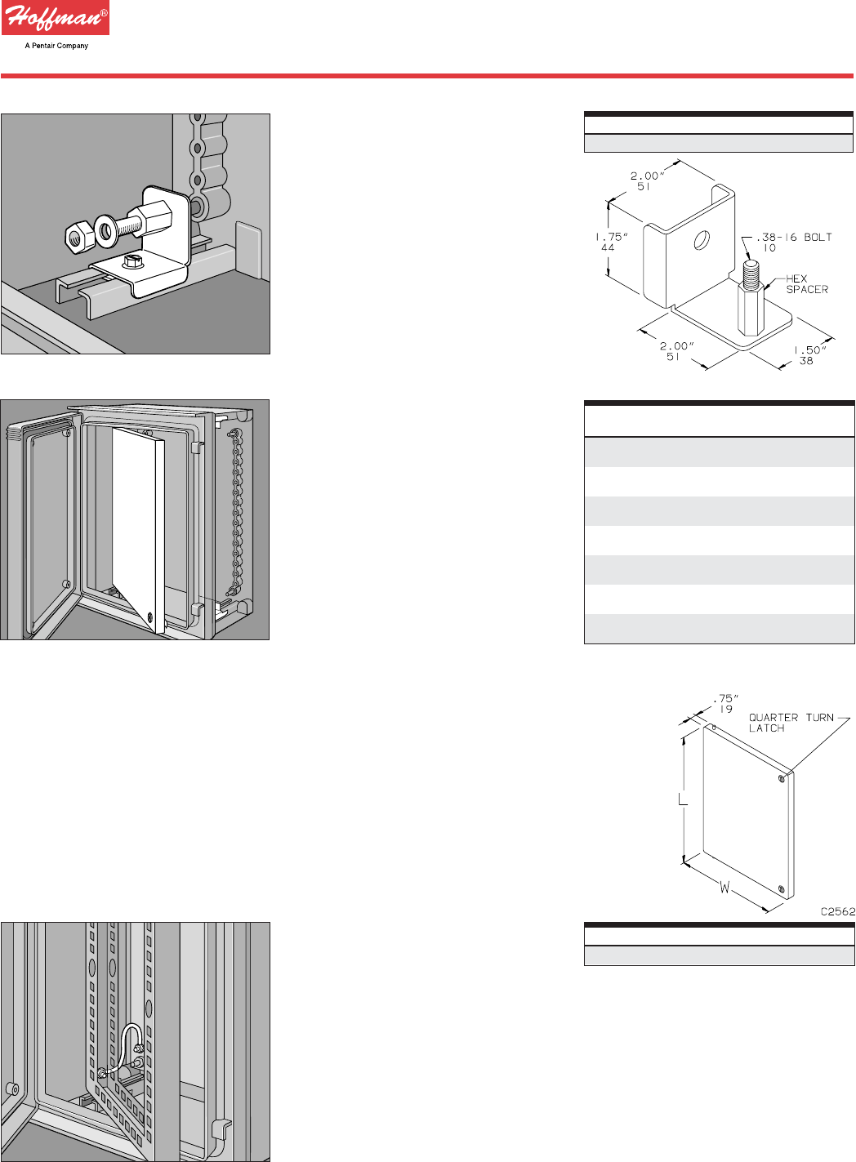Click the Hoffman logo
click(x=55, y=18)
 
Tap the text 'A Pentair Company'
click(x=56, y=46)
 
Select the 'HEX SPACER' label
click(x=806, y=284)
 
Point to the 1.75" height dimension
click(x=610, y=242)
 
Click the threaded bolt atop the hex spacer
click(x=752, y=269)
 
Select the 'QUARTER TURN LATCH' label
click(x=790, y=723)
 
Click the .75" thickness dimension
click(x=725, y=704)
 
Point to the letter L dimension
click(x=683, y=800)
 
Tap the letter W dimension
click(x=724, y=887)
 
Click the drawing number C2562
click(x=838, y=911)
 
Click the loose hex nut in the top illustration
click(x=76, y=237)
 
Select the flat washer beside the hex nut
click(x=106, y=229)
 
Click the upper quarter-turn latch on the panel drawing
click(x=782, y=779)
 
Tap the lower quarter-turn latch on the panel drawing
click(x=782, y=888)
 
